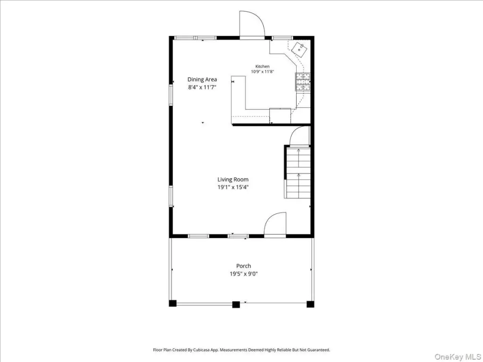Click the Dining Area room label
202,79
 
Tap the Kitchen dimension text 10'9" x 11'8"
262,72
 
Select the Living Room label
233,180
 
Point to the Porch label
244,266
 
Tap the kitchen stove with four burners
303,82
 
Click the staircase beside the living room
298,173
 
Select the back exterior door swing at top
252,24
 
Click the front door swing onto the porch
275,224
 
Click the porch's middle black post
236,304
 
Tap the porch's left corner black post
173,304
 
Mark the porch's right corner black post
310,304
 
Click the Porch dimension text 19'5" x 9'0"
244,274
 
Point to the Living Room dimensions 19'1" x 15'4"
233,187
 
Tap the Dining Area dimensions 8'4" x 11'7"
202,87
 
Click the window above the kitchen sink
283,38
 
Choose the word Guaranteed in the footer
320,350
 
